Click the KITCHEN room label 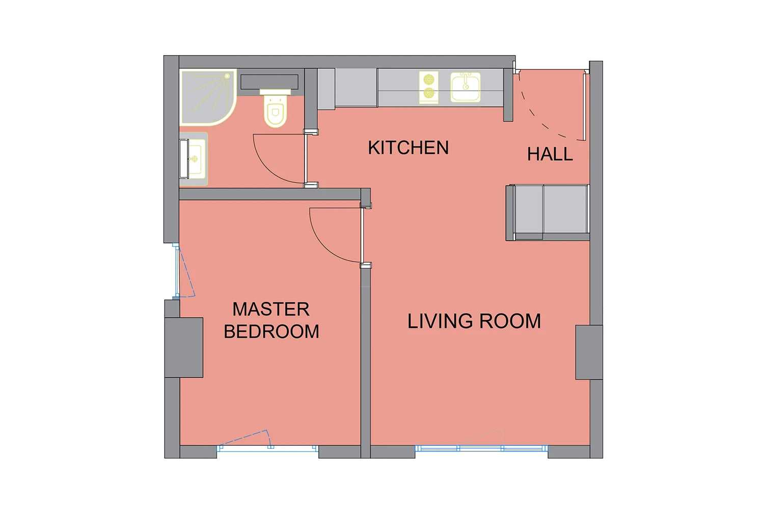pos(408,147)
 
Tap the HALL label pos(550,154)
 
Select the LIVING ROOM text pos(474,321)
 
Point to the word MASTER pos(271,309)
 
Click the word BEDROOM pos(271,331)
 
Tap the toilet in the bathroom pos(275,109)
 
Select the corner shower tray pos(208,97)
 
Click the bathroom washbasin pos(194,159)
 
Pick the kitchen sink pos(465,87)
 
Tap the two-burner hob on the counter pos(429,87)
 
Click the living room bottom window pos(481,448)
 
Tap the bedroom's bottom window pos(267,448)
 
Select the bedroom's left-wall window pos(177,271)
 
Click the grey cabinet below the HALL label pos(548,213)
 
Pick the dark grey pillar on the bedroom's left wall pos(184,347)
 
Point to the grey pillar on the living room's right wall pos(589,352)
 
